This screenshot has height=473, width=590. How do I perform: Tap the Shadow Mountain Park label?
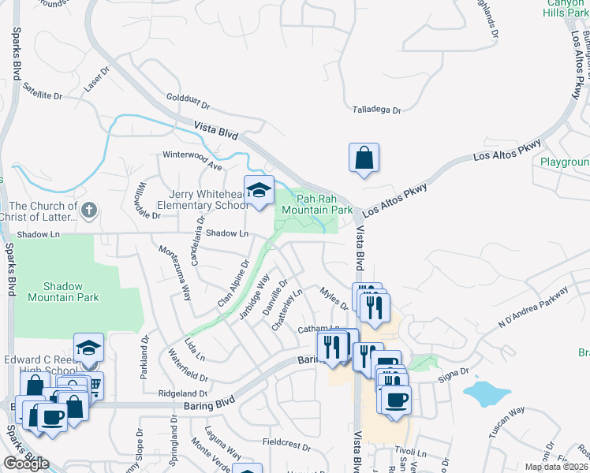click(64, 291)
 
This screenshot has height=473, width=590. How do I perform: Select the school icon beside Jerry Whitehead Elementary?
click(258, 191)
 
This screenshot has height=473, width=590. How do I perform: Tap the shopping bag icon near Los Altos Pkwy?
click(364, 158)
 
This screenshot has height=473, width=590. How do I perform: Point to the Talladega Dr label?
click(377, 111)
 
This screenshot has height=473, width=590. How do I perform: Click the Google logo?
click(26, 464)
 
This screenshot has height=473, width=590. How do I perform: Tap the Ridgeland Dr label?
click(182, 393)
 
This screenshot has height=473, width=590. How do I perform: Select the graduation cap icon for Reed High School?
click(88, 348)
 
